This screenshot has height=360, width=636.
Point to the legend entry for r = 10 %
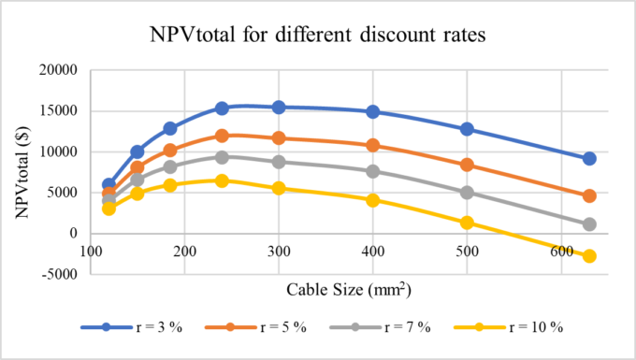pos(524,327)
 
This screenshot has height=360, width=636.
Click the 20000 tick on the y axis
pos(61,70)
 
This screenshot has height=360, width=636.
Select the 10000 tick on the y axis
pos(61,152)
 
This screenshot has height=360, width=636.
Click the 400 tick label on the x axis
pos(373,251)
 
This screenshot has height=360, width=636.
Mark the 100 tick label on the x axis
pos(91,251)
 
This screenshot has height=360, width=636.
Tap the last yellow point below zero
pos(589,256)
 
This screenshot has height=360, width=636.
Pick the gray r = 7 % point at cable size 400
pos(373,171)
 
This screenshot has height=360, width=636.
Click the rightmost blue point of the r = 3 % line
pos(589,159)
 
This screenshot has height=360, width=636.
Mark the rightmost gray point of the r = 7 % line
pos(589,224)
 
